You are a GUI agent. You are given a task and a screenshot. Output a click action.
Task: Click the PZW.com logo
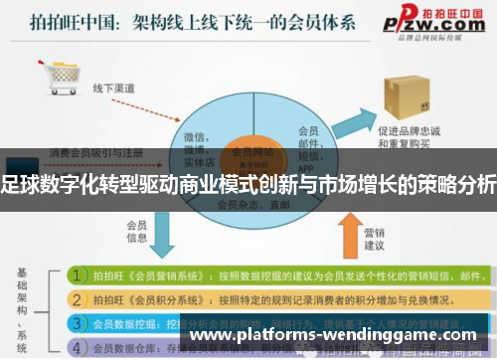pyautogui.click(x=436, y=19)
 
